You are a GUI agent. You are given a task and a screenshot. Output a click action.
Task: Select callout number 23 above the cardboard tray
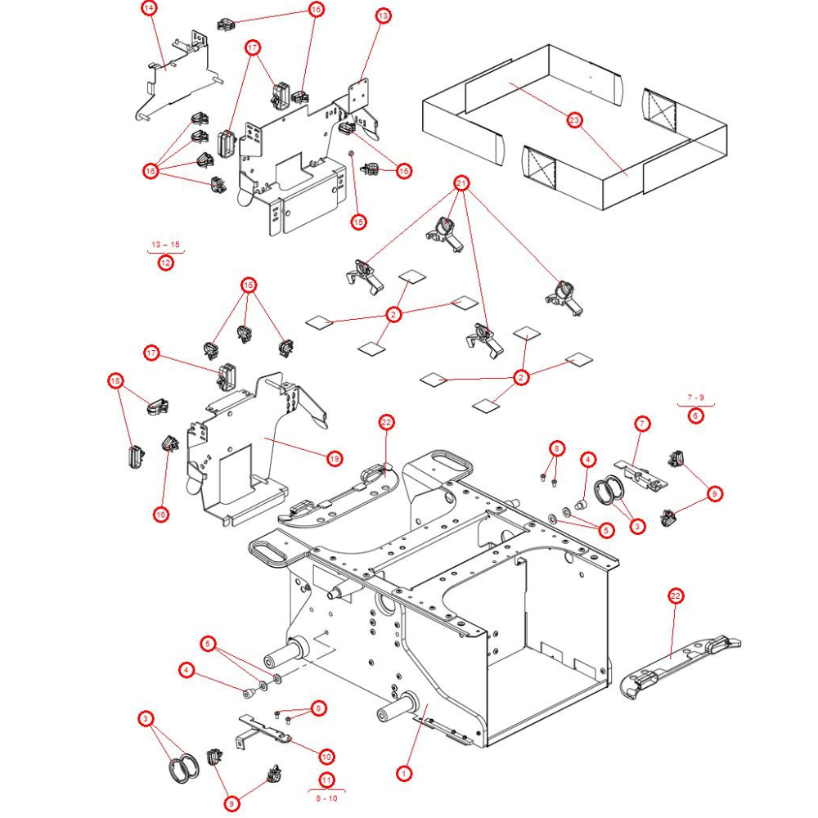coord(574,121)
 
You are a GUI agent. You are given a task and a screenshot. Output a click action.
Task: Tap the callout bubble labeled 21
coord(461,183)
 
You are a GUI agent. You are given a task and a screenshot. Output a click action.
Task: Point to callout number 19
coord(335,459)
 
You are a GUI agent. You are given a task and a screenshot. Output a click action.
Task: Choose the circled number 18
coord(116,380)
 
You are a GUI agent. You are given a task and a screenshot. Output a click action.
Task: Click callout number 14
coord(149,8)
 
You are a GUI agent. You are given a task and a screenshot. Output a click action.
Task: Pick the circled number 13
coord(383,16)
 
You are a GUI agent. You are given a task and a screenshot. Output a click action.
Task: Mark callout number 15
coord(358,221)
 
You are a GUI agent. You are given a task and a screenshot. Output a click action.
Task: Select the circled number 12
coord(166,263)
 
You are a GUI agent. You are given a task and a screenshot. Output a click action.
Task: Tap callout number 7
coord(643,423)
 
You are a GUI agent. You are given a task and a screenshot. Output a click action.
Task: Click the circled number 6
coord(695,415)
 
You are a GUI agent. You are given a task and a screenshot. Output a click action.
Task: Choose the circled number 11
coord(326,780)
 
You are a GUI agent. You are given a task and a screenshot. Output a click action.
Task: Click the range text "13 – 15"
coord(165,245)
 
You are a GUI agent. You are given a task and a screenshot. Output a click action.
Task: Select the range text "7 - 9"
coord(695,397)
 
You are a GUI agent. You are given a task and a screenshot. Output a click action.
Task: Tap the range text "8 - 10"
coord(326,798)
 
